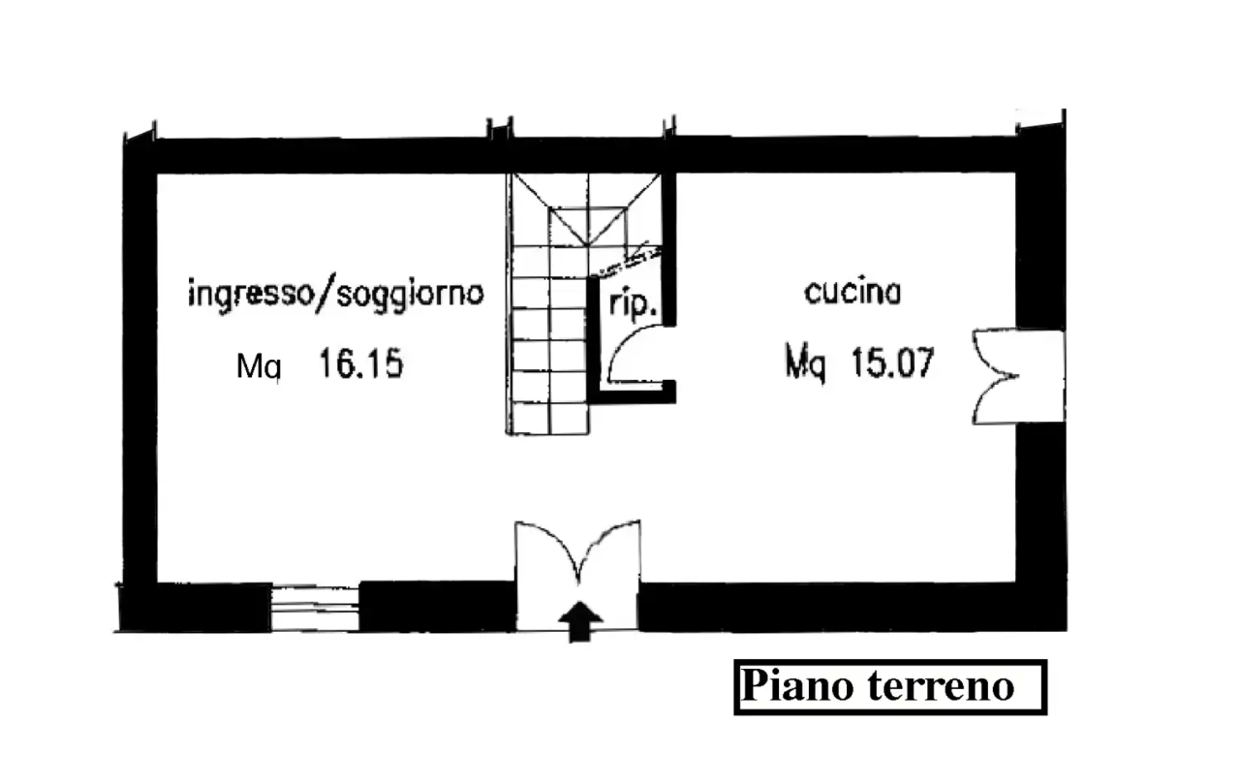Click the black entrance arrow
point(579,621)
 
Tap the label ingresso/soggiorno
point(336,293)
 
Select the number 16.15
point(361,363)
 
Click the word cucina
point(852,292)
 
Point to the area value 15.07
point(892,363)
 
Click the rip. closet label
point(633,304)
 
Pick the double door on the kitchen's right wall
point(1017,376)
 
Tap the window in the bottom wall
point(315,608)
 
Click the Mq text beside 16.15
point(259,365)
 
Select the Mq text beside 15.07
point(806,363)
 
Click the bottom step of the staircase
point(549,419)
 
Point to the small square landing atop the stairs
point(588,226)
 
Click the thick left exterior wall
point(139,382)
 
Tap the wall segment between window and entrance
point(437,607)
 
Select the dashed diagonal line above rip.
point(626,262)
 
